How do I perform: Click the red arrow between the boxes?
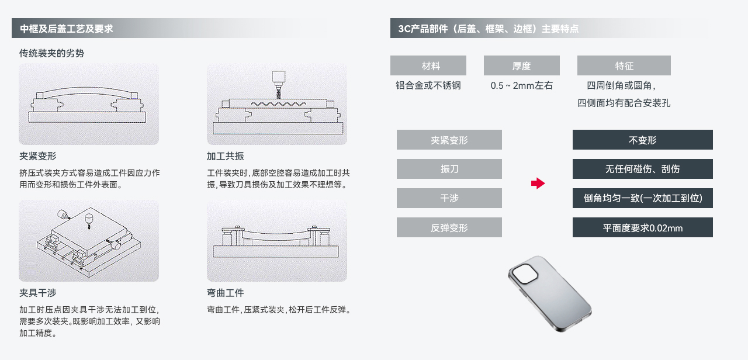538,184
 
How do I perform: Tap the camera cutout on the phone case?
525,274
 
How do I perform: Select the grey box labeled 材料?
428,65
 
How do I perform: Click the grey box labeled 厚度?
522,65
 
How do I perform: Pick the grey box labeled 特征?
624,65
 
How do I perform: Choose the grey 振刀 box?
449,169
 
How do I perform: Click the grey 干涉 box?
449,198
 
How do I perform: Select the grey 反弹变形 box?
449,227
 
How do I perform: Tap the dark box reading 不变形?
642,140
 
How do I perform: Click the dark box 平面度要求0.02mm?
642,227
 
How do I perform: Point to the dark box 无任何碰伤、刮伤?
642,169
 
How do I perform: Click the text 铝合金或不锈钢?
428,85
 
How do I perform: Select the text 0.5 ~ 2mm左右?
522,85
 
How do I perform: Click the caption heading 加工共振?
226,156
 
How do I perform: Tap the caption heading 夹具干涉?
38,293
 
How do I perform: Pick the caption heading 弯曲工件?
226,293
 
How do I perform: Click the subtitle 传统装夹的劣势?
52,53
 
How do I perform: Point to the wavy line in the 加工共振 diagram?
278,104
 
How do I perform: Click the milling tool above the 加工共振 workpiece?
278,84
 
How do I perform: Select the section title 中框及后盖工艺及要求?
67,29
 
